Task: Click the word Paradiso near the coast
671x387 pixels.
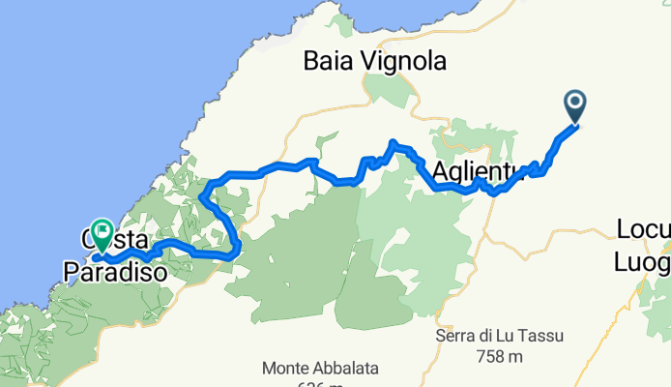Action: (112, 274)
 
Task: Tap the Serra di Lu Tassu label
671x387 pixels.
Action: (500, 336)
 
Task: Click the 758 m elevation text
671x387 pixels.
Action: (500, 357)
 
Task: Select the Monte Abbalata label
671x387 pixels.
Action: (320, 369)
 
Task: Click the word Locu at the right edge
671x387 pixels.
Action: (642, 230)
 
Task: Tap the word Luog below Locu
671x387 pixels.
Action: (642, 261)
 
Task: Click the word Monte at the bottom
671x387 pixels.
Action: (286, 369)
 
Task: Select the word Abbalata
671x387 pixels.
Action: (345, 369)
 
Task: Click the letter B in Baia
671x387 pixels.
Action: (311, 62)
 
